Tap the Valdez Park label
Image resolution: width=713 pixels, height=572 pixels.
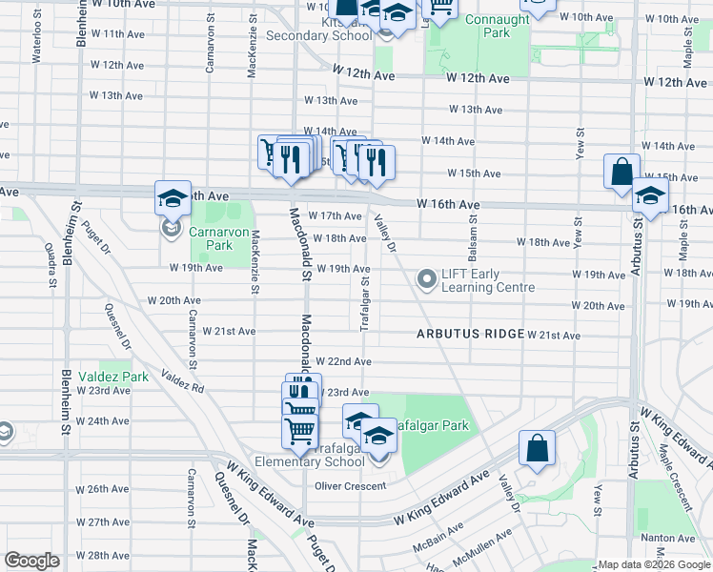(x=112, y=377)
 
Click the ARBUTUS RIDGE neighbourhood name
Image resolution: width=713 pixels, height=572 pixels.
(x=470, y=334)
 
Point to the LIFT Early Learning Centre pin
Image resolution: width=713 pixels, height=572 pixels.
(x=426, y=279)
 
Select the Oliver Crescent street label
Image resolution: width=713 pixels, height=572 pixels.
(x=352, y=485)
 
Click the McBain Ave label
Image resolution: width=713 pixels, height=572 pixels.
(x=437, y=546)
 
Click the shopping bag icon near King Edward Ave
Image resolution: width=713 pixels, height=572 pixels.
(x=537, y=448)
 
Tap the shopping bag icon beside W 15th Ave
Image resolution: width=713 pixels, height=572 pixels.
(x=621, y=173)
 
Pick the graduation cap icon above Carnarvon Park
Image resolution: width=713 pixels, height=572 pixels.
(x=173, y=197)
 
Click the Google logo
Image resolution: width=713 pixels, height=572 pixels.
(x=31, y=561)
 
